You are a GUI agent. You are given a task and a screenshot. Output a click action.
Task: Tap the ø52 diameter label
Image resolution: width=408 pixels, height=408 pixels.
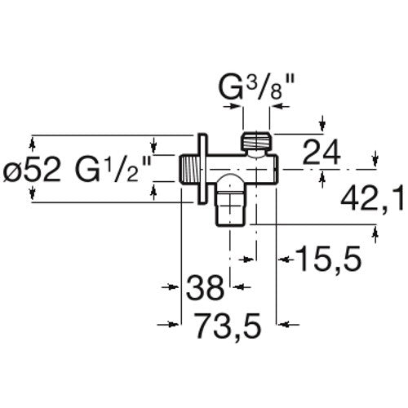[32, 170]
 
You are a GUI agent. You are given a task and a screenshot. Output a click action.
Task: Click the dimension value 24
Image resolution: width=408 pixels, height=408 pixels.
[322, 152]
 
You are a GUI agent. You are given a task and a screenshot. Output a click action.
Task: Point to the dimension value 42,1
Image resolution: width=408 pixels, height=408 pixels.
[372, 200]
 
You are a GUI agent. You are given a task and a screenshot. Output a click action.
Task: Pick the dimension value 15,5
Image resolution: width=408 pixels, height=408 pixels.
[328, 259]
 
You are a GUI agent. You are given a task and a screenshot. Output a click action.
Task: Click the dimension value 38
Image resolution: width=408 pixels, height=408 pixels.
[205, 287]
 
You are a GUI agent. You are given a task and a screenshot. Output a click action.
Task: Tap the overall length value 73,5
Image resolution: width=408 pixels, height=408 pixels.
[228, 325]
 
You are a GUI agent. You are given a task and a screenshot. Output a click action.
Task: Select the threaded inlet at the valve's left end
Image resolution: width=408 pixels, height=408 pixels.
[188, 170]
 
